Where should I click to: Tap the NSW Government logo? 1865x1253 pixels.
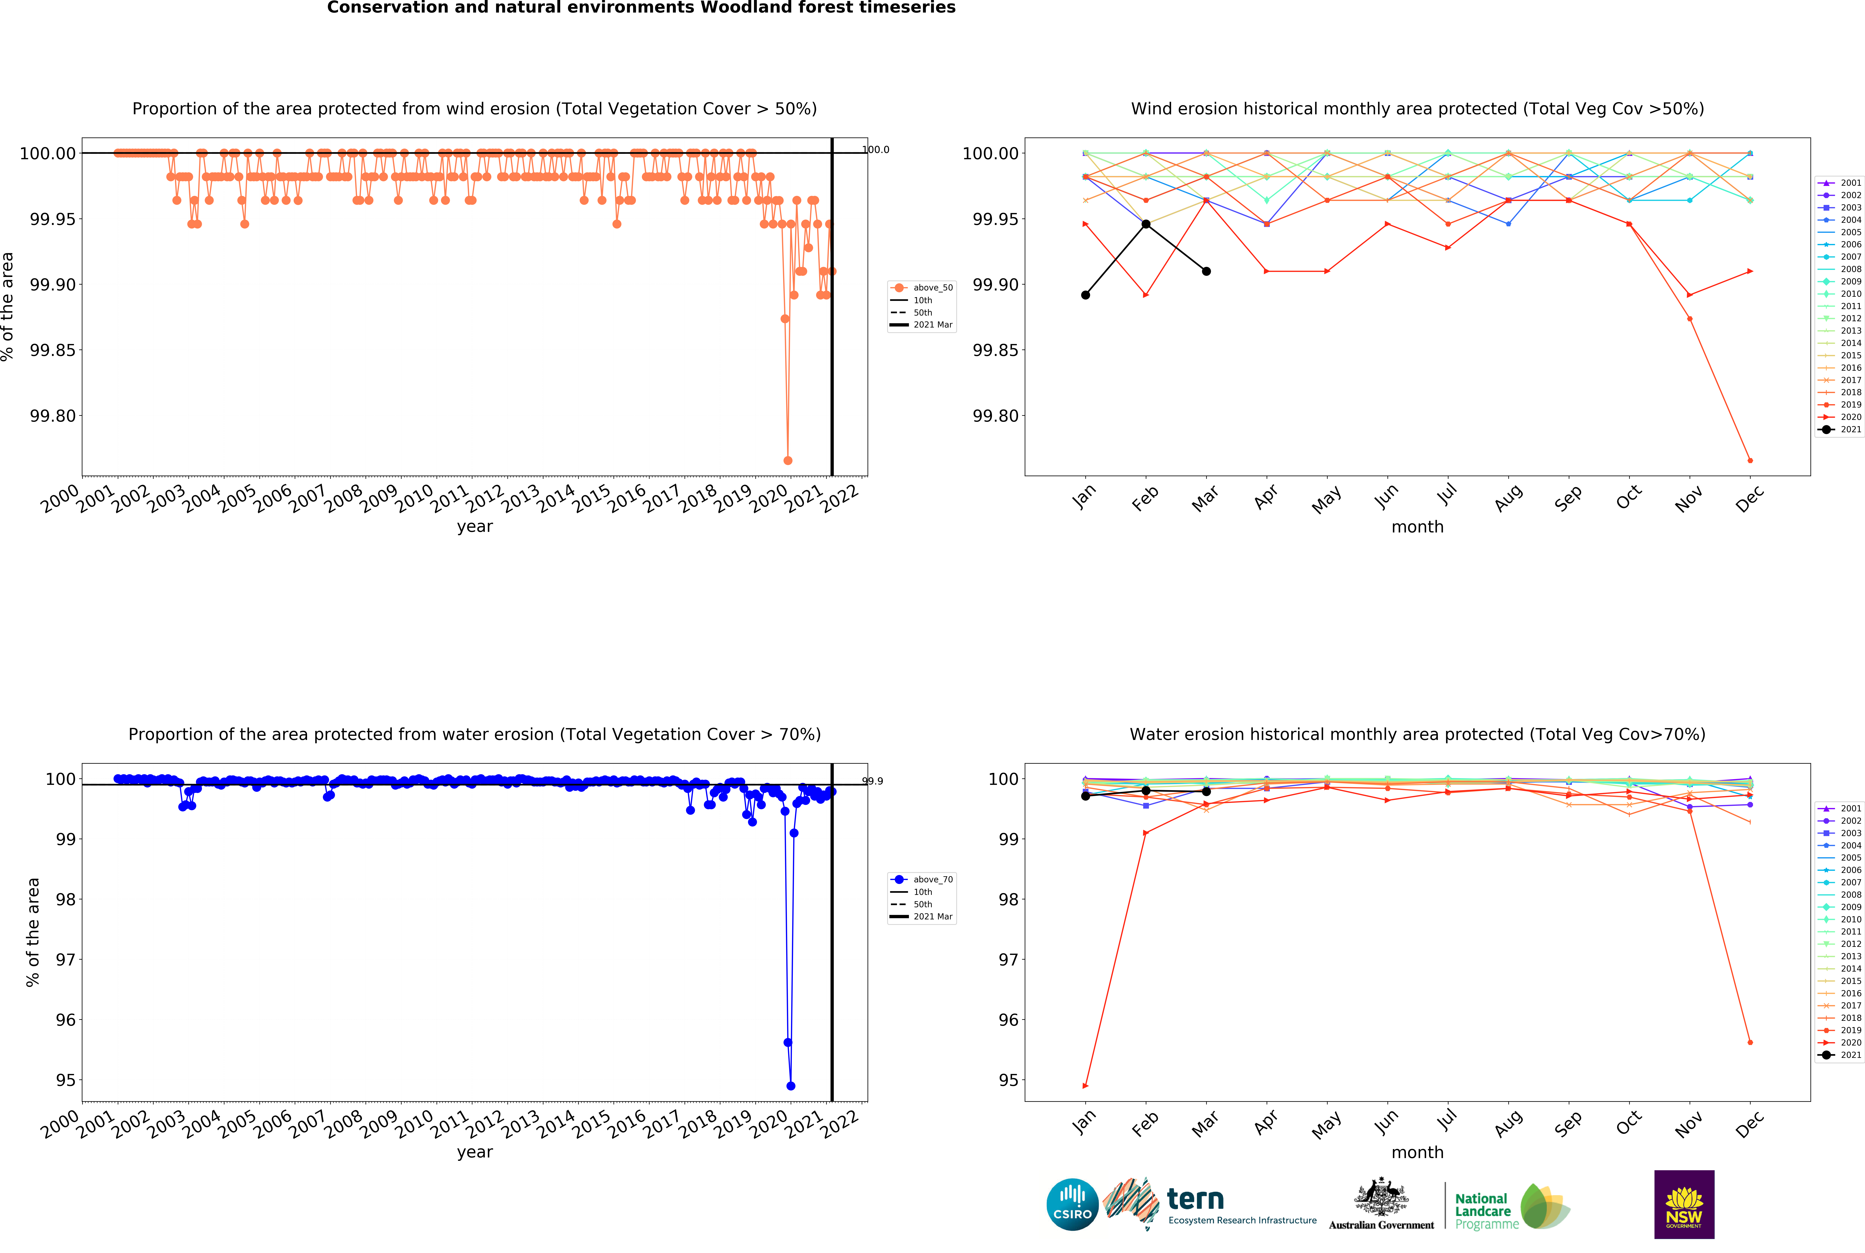[1684, 1204]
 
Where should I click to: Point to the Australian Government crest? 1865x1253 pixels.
[1381, 1196]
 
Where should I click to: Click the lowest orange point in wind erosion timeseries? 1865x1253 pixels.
[787, 460]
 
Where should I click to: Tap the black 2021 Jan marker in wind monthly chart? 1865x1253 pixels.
[1085, 295]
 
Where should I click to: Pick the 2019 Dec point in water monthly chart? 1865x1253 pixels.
[1750, 1042]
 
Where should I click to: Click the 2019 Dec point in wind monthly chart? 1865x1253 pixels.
[1750, 460]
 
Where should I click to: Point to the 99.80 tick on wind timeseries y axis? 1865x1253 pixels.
[53, 416]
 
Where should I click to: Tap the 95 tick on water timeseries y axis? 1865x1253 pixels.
[66, 1080]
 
